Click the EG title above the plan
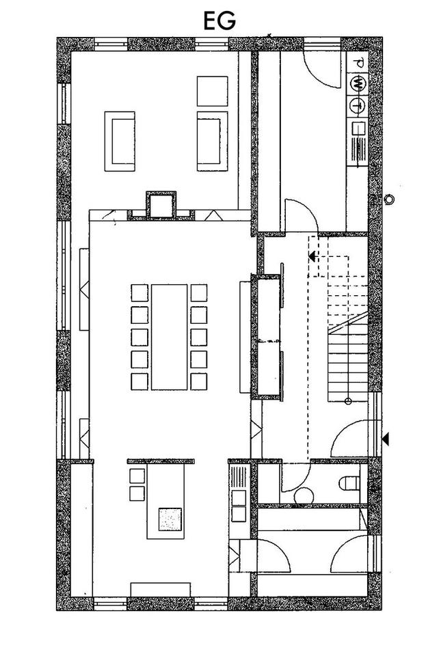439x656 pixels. click(x=219, y=20)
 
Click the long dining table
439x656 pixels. click(x=169, y=336)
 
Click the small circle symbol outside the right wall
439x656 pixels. click(x=390, y=200)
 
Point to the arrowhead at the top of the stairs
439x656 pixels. click(x=312, y=257)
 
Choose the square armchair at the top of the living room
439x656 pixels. click(x=212, y=91)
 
